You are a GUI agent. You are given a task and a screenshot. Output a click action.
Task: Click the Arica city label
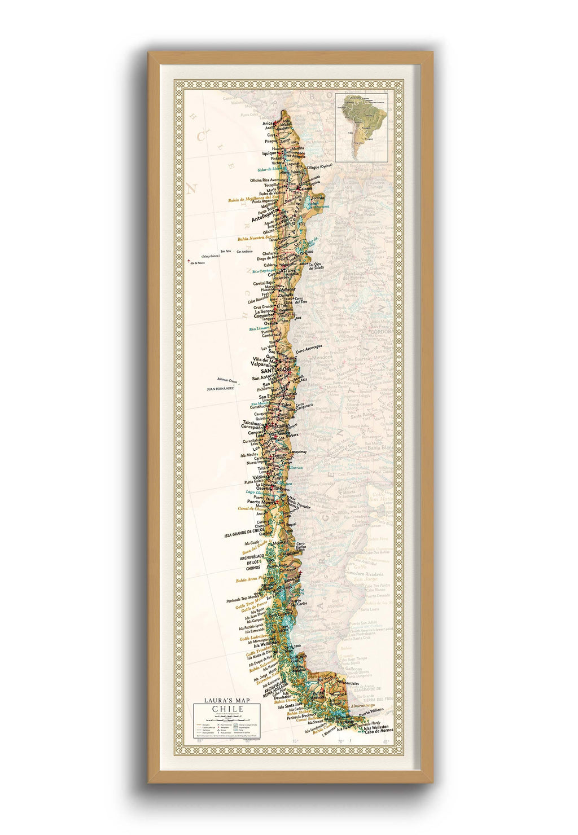click(268, 123)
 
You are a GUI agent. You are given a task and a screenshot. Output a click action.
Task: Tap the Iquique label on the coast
click(269, 153)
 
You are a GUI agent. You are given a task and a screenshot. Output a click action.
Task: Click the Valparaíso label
click(265, 364)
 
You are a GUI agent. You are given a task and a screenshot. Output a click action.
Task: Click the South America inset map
click(361, 127)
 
